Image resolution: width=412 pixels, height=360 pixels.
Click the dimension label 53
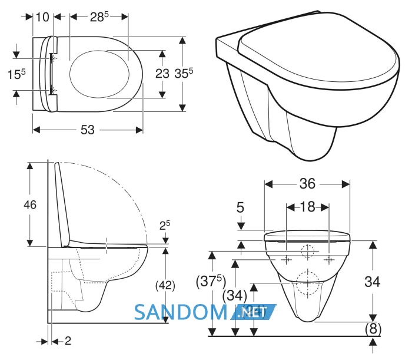(87, 130)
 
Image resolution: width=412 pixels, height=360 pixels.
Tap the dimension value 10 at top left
(42, 17)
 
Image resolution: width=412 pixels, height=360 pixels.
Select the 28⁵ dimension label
(99, 17)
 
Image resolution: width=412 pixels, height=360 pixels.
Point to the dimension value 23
(162, 74)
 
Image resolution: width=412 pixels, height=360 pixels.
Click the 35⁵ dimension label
(184, 73)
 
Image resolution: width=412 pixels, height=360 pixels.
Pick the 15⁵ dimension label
(16, 74)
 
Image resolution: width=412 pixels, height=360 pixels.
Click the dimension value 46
(30, 204)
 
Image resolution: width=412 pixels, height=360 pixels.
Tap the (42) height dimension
(165, 285)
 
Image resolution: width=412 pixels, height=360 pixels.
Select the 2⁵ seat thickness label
(165, 225)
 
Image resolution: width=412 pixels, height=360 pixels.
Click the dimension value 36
(307, 184)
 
